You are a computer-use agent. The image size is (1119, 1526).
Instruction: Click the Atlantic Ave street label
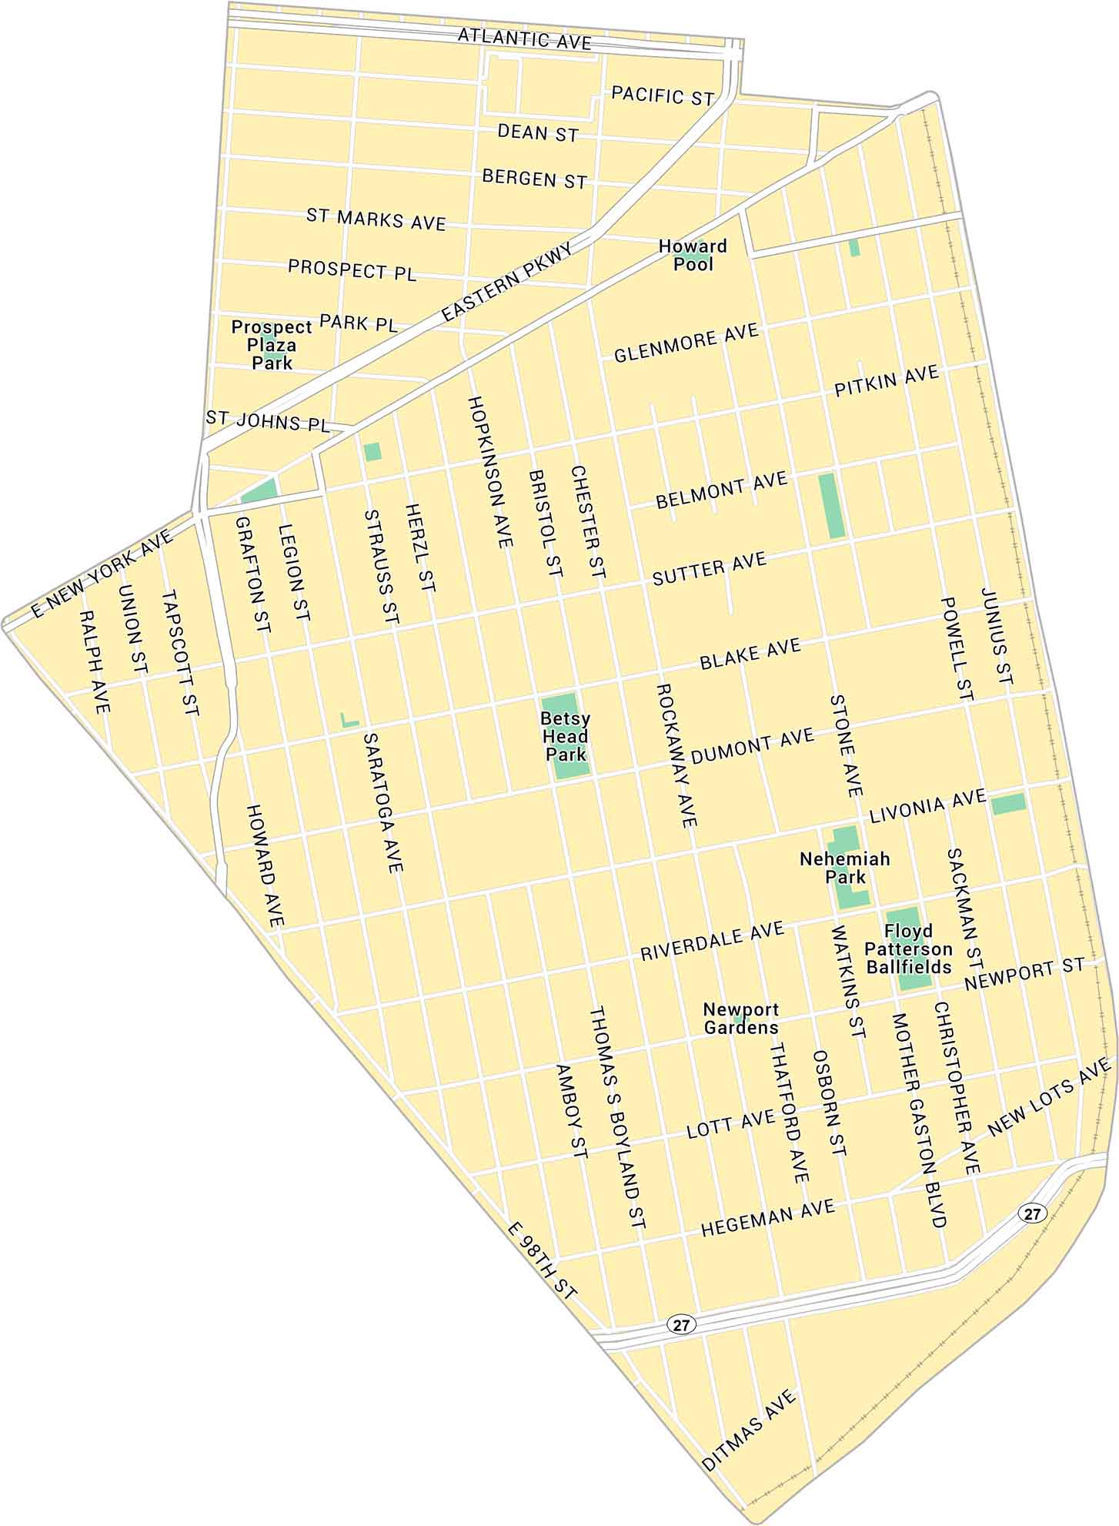coord(525,38)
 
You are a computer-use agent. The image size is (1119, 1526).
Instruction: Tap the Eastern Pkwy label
coord(509,283)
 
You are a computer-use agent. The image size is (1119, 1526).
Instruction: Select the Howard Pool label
coord(693,255)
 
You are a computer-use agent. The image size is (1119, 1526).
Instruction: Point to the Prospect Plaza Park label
coord(272,344)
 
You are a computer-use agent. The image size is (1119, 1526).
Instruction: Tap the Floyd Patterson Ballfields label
coord(908,949)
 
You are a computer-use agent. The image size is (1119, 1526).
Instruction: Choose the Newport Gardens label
coord(741,1019)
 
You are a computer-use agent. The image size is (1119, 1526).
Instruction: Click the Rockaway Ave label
coord(677,755)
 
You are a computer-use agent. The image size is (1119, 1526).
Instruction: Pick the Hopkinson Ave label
coord(489,473)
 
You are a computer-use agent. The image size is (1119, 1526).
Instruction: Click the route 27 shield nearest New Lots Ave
coord(1032,1213)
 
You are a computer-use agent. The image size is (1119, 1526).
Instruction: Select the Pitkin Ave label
coord(887,381)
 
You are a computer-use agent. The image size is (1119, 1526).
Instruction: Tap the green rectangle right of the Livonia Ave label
coord(1008,804)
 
